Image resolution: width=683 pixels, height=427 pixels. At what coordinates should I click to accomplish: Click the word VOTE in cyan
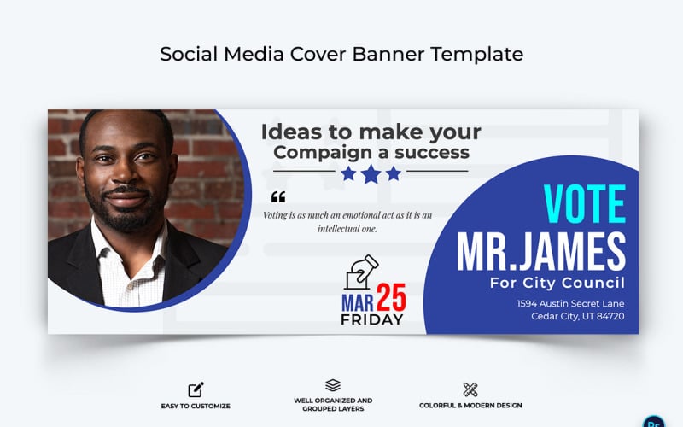pyautogui.click(x=585, y=202)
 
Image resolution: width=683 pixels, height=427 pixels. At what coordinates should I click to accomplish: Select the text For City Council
pyautogui.click(x=557, y=283)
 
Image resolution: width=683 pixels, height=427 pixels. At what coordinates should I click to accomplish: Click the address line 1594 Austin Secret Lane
pyautogui.click(x=570, y=303)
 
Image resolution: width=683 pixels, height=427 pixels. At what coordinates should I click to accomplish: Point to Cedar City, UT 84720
pyautogui.click(x=577, y=316)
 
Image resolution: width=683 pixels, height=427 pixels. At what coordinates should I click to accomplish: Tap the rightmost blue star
pyautogui.click(x=393, y=173)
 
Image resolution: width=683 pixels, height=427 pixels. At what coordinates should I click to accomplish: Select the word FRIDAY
pyautogui.click(x=371, y=319)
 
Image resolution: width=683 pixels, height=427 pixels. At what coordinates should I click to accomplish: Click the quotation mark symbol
pyautogui.click(x=277, y=197)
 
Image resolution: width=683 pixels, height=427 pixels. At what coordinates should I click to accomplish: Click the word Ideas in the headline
pyautogui.click(x=289, y=132)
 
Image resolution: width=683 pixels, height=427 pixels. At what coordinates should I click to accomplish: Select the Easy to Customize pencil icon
pyautogui.click(x=196, y=390)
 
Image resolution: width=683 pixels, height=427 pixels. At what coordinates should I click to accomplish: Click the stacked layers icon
pyautogui.click(x=333, y=386)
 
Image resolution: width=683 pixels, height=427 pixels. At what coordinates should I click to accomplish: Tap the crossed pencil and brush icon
pyautogui.click(x=470, y=390)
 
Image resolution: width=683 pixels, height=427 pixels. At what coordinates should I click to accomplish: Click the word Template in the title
pyautogui.click(x=476, y=54)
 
